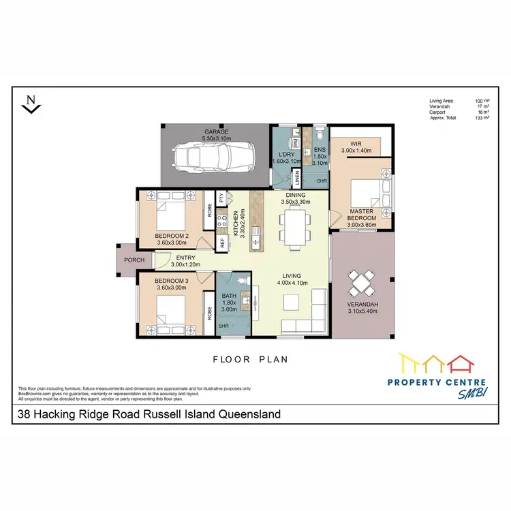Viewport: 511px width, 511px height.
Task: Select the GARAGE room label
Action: (216, 131)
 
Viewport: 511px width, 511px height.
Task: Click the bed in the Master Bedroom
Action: (365, 192)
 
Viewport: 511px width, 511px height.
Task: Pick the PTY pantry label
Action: (221, 198)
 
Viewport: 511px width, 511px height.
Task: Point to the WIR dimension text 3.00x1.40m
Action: (356, 151)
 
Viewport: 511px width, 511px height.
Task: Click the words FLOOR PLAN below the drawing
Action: (251, 359)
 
